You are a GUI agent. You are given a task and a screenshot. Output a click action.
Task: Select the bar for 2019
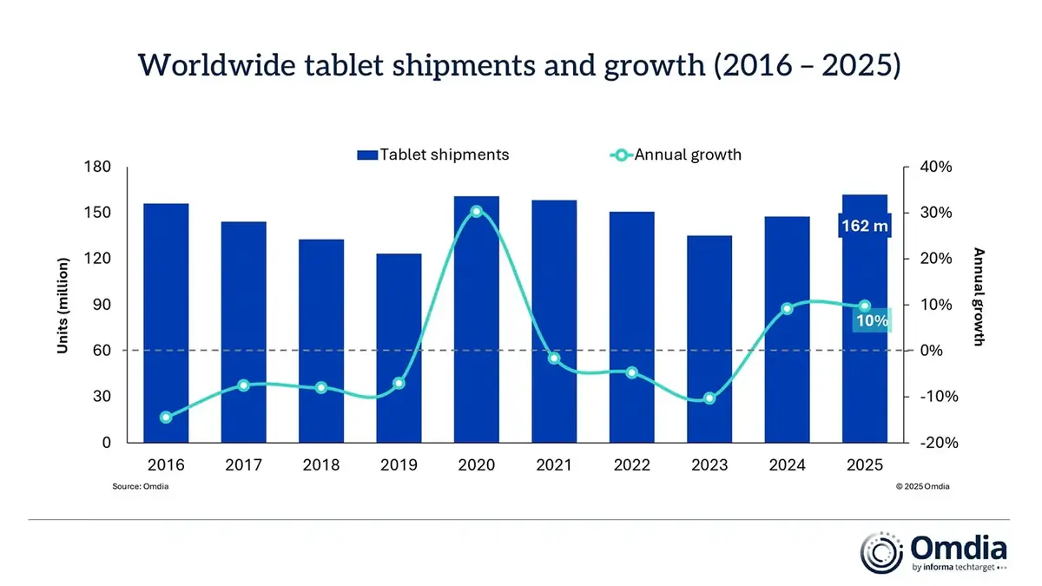(x=399, y=347)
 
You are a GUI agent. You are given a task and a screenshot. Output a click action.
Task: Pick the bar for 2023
(x=709, y=339)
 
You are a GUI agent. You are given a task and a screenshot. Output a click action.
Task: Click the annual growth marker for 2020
(x=477, y=212)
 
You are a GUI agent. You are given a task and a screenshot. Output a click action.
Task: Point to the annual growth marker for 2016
(x=166, y=418)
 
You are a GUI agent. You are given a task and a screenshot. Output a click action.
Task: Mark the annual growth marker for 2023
(x=709, y=398)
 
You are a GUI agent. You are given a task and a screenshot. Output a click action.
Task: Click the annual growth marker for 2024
(x=787, y=308)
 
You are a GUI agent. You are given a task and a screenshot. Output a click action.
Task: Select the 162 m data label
(x=864, y=227)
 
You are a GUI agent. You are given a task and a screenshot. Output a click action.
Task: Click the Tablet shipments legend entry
(x=432, y=155)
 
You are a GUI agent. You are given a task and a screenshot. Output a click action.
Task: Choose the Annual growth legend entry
(x=676, y=155)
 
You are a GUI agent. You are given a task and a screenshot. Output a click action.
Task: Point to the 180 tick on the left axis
(x=99, y=167)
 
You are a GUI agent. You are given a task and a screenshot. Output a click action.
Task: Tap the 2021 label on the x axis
(x=554, y=465)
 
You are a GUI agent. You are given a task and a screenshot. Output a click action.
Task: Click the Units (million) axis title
(x=63, y=305)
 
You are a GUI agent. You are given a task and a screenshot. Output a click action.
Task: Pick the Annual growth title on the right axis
(x=979, y=297)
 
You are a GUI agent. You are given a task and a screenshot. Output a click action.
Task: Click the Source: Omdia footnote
(x=140, y=487)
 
